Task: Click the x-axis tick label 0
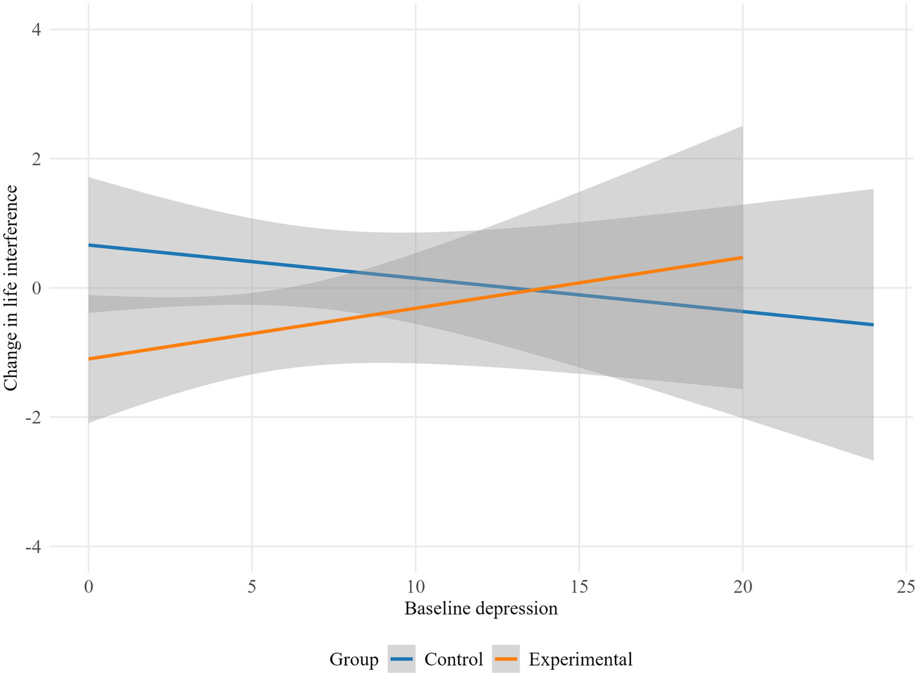click(x=89, y=587)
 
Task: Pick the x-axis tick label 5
click(x=252, y=587)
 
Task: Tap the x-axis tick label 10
click(x=416, y=587)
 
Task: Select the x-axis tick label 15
click(x=579, y=587)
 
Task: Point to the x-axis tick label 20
click(x=743, y=587)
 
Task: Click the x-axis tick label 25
click(x=906, y=587)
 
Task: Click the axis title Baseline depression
click(x=481, y=609)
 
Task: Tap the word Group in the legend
click(x=353, y=660)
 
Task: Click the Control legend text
click(x=453, y=660)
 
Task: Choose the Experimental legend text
click(x=580, y=660)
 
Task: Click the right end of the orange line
click(x=742, y=257)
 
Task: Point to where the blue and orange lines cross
click(x=531, y=291)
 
